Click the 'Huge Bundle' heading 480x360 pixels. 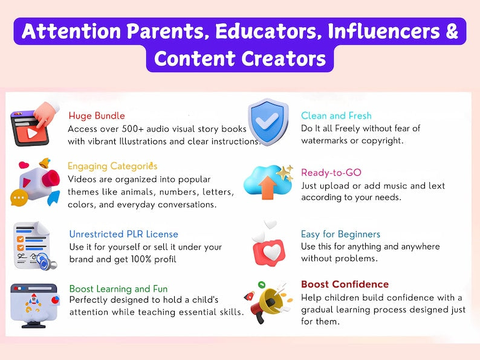(97, 116)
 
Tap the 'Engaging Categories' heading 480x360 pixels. (112, 166)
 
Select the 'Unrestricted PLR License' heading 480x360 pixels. (123, 234)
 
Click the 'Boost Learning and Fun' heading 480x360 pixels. (118, 289)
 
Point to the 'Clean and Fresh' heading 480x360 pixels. (336, 116)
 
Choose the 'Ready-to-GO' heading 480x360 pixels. (331, 173)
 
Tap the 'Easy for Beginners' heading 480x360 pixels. (340, 234)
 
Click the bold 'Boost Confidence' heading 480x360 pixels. (345, 284)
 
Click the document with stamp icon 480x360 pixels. (34, 245)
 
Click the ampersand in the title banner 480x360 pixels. (452, 32)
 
